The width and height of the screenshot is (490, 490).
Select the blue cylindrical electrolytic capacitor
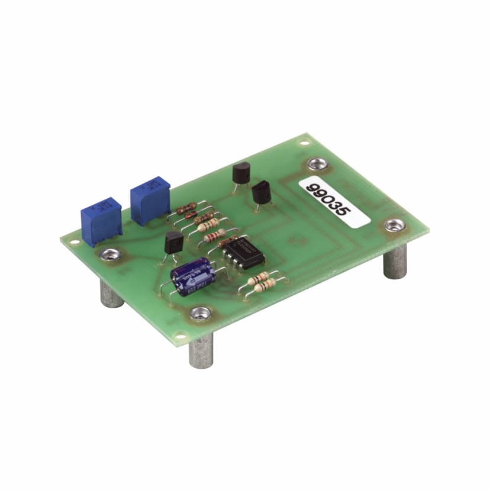(x=190, y=273)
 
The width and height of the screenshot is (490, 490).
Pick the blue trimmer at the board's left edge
(x=101, y=220)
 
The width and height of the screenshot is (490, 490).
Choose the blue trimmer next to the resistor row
(x=150, y=201)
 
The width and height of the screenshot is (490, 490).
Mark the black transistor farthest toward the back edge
(x=242, y=174)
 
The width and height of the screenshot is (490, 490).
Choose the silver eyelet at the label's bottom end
(x=393, y=225)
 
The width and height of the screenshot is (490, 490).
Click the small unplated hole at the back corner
(x=305, y=142)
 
